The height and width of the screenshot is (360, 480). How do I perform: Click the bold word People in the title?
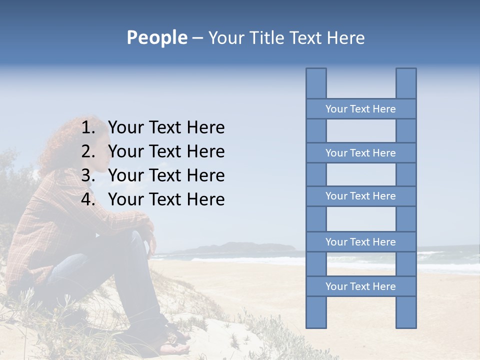click(156, 37)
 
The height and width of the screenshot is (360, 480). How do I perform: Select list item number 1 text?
click(166, 127)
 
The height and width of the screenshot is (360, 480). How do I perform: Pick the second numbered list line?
click(166, 151)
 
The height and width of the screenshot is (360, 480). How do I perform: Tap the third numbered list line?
click(166, 175)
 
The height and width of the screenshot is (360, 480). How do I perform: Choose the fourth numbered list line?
click(166, 199)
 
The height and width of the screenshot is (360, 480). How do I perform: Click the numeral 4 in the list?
click(87, 199)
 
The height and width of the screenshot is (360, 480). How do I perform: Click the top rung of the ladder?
click(360, 109)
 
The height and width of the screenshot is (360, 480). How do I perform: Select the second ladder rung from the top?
click(360, 153)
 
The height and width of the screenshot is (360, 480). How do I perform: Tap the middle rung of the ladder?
click(360, 196)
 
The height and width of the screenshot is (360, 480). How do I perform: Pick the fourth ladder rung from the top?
click(360, 242)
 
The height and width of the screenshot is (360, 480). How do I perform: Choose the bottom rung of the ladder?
click(360, 286)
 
